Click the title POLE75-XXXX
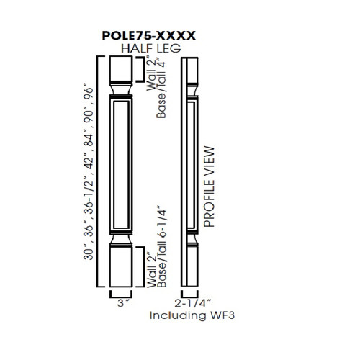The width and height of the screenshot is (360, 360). click(150, 33)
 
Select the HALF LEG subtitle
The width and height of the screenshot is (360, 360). click(150, 48)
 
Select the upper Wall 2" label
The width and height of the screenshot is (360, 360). click(150, 74)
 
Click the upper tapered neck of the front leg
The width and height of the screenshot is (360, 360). click(120, 89)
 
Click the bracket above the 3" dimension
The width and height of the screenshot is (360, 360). click(120, 293)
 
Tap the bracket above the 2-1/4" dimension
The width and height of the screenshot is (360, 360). click(189, 293)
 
